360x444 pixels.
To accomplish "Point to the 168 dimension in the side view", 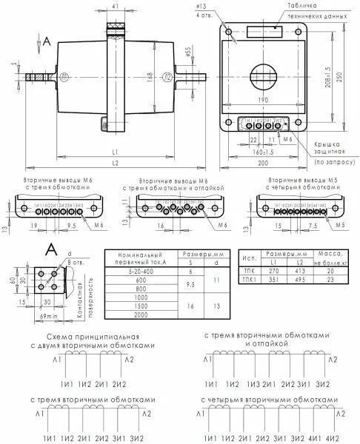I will pyautogui.click(x=151, y=75).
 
